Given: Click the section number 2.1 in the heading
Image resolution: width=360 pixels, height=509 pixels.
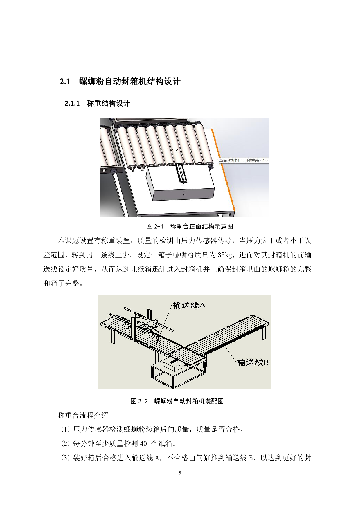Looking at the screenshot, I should pyautogui.click(x=65, y=82).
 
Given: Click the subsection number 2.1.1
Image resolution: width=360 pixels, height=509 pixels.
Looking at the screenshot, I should pyautogui.click(x=72, y=104).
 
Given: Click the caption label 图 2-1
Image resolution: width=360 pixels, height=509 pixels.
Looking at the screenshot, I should pyautogui.click(x=155, y=227).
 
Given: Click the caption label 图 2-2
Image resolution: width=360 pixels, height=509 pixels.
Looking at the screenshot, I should pyautogui.click(x=139, y=401).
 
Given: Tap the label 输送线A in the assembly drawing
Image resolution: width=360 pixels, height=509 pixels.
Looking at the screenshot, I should pyautogui.click(x=189, y=305).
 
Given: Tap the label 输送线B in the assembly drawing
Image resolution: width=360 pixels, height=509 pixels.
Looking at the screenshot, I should pyautogui.click(x=253, y=362).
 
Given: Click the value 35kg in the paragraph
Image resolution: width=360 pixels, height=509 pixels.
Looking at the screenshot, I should pyautogui.click(x=225, y=255).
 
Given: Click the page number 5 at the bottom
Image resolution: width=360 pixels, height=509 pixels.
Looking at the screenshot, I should pyautogui.click(x=180, y=473).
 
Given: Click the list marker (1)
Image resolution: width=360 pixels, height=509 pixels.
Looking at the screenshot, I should pyautogui.click(x=65, y=429).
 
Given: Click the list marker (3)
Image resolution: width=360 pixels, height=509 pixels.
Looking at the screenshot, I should pyautogui.click(x=65, y=458).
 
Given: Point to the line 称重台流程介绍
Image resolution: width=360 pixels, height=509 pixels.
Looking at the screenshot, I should pyautogui.click(x=83, y=415).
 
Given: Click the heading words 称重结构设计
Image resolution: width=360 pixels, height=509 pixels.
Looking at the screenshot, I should pyautogui.click(x=108, y=104).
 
